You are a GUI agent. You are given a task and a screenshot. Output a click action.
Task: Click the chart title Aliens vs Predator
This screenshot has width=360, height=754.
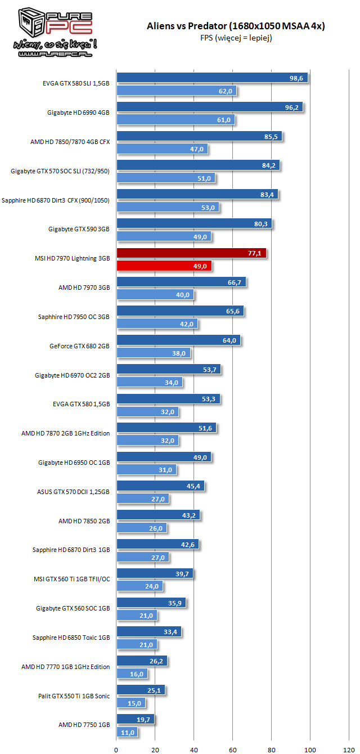[x=236, y=26]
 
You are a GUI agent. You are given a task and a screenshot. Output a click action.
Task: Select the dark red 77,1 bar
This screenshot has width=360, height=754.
[x=191, y=254]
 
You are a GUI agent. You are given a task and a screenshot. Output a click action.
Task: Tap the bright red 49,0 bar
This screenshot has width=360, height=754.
[x=164, y=266]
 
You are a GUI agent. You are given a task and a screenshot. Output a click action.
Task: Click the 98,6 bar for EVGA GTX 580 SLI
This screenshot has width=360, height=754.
[x=211, y=78]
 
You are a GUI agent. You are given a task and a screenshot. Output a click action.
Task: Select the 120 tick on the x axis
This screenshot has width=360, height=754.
[x=349, y=749]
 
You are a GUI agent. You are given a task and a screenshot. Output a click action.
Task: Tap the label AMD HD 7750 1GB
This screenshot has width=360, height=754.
[x=84, y=725]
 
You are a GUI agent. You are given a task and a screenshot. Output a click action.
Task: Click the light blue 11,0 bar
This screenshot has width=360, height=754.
[x=127, y=733]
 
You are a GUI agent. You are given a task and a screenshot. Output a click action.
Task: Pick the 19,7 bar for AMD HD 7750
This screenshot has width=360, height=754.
[x=135, y=719]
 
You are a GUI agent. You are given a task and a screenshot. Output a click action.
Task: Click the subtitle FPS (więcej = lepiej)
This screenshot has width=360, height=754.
[x=236, y=38]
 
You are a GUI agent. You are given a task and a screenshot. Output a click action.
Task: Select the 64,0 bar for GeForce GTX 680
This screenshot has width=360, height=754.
[x=178, y=340]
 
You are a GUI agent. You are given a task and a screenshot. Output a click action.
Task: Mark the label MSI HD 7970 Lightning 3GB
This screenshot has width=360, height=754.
[x=72, y=258]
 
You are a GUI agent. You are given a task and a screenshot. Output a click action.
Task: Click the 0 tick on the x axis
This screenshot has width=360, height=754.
[x=116, y=749]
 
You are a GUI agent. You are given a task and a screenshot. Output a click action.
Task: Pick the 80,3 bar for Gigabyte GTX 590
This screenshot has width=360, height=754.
[x=194, y=223]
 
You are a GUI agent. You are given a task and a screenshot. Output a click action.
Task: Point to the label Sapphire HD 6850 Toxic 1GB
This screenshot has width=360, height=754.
[x=71, y=638]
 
